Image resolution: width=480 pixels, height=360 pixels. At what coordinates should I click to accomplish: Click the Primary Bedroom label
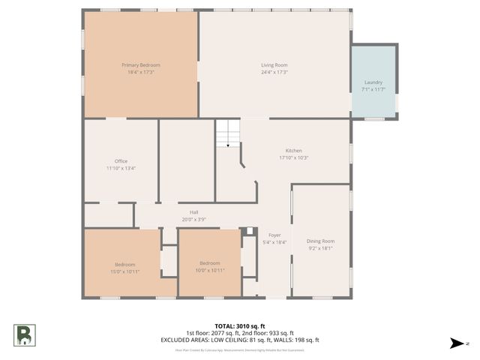click(x=141, y=65)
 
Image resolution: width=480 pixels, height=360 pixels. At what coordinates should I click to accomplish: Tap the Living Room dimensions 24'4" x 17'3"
click(x=274, y=72)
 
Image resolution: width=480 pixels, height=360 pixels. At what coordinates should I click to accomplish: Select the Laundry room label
click(x=373, y=82)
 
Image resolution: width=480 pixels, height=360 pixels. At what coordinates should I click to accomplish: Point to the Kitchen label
click(x=294, y=151)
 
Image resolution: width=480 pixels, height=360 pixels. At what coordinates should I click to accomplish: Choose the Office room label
click(x=121, y=161)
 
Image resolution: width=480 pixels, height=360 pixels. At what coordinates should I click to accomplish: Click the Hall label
click(x=193, y=212)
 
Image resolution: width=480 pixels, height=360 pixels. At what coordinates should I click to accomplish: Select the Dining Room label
click(x=320, y=241)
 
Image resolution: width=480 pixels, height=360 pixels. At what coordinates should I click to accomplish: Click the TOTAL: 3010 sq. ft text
click(x=240, y=326)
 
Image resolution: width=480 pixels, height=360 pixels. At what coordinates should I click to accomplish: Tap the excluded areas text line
click(x=240, y=340)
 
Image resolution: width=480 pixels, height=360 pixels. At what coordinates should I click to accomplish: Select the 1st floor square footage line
click(x=240, y=333)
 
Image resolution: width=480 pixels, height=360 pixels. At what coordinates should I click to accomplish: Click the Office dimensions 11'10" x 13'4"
click(x=121, y=169)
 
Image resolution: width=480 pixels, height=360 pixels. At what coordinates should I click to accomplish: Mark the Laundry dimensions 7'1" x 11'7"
click(x=373, y=90)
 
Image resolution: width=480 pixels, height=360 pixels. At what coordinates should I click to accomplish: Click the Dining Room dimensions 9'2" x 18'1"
click(x=320, y=248)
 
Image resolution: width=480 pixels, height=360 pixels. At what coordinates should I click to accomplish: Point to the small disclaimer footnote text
click(x=240, y=349)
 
